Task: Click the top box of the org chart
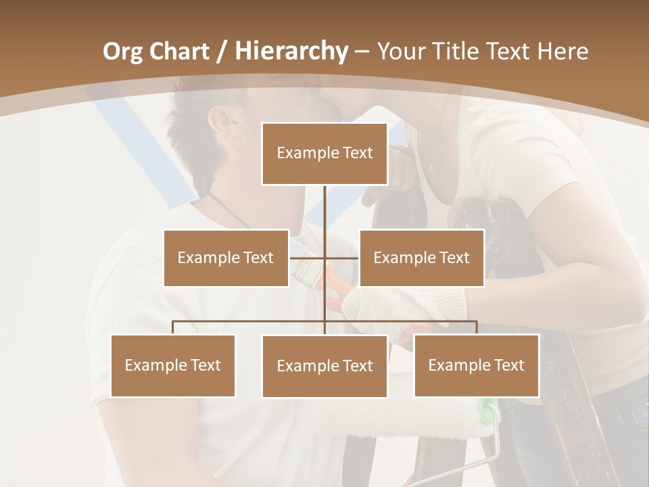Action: pos(324,154)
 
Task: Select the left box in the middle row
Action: pos(226,258)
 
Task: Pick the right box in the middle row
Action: pos(421,258)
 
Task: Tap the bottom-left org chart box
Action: pos(172,365)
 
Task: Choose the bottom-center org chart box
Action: pos(324,366)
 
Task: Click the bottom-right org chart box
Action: pos(476,365)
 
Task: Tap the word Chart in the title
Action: pos(178,51)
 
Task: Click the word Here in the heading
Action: pos(562,51)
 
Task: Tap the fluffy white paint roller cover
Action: pos(406,419)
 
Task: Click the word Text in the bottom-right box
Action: pos(508,365)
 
